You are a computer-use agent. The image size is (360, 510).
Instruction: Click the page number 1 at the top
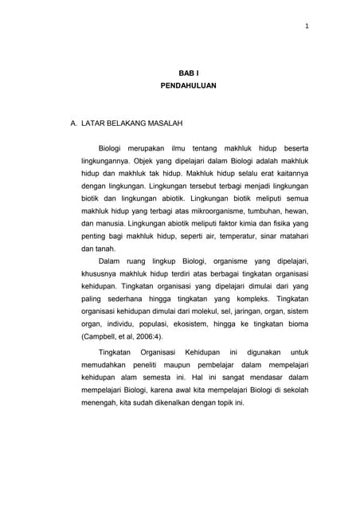[x=307, y=27]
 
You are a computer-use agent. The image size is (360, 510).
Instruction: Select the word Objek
[x=149, y=162]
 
